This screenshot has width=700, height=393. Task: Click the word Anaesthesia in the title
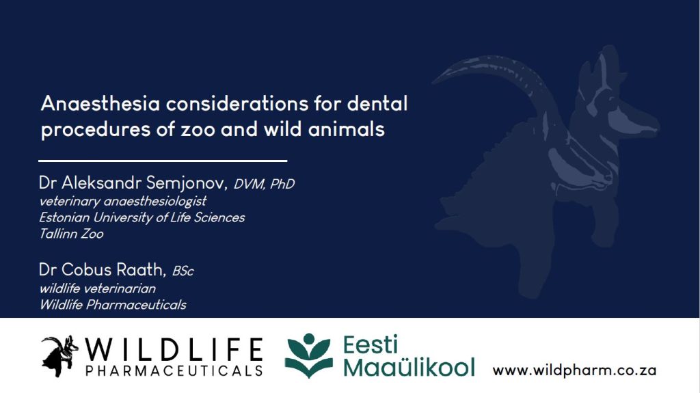tap(100, 104)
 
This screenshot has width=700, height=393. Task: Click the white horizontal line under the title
tap(163, 161)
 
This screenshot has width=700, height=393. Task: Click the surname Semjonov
tap(187, 183)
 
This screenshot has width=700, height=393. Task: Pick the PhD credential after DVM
tap(282, 184)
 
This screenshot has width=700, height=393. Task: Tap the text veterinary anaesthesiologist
tap(123, 202)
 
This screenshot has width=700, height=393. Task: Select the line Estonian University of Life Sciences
tap(142, 217)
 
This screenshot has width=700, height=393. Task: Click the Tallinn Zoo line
tap(71, 234)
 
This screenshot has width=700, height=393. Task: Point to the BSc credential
tap(183, 271)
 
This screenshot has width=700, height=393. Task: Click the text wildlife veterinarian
tap(98, 288)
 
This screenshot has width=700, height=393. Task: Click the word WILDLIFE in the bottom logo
tap(174, 349)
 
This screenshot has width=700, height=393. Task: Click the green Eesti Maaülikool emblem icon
tap(309, 355)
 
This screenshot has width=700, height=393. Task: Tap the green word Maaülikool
tap(409, 368)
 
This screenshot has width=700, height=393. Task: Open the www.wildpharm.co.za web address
tap(574, 370)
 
